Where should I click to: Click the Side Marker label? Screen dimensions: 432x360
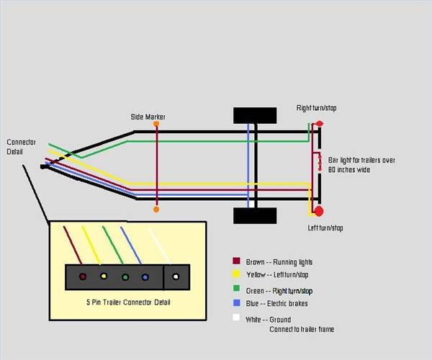point(148,117)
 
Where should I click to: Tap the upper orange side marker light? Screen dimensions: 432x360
point(156,124)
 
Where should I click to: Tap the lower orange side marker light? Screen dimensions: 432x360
point(156,210)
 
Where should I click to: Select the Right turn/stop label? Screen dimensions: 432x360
point(316,108)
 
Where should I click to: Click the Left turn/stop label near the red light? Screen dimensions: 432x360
point(325,228)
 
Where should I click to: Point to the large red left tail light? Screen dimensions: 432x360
point(319,211)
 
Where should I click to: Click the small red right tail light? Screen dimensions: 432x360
point(320,123)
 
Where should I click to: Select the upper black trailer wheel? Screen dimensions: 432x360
point(255,115)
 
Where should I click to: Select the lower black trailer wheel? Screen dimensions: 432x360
point(255,216)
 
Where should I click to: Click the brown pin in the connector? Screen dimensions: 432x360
point(83,276)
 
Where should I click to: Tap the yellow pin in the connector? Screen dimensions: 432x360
point(104,276)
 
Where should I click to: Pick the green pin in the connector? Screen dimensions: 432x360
point(125,277)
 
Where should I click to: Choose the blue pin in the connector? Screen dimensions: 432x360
point(145,277)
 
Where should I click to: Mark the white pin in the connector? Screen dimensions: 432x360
point(176,276)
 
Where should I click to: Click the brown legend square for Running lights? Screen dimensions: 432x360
point(236,261)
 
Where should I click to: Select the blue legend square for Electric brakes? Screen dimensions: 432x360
point(237,302)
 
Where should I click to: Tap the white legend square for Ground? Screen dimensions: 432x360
point(236,318)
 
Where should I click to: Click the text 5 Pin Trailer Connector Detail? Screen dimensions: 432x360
point(128,302)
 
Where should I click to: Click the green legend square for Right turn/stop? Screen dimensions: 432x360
point(236,288)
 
